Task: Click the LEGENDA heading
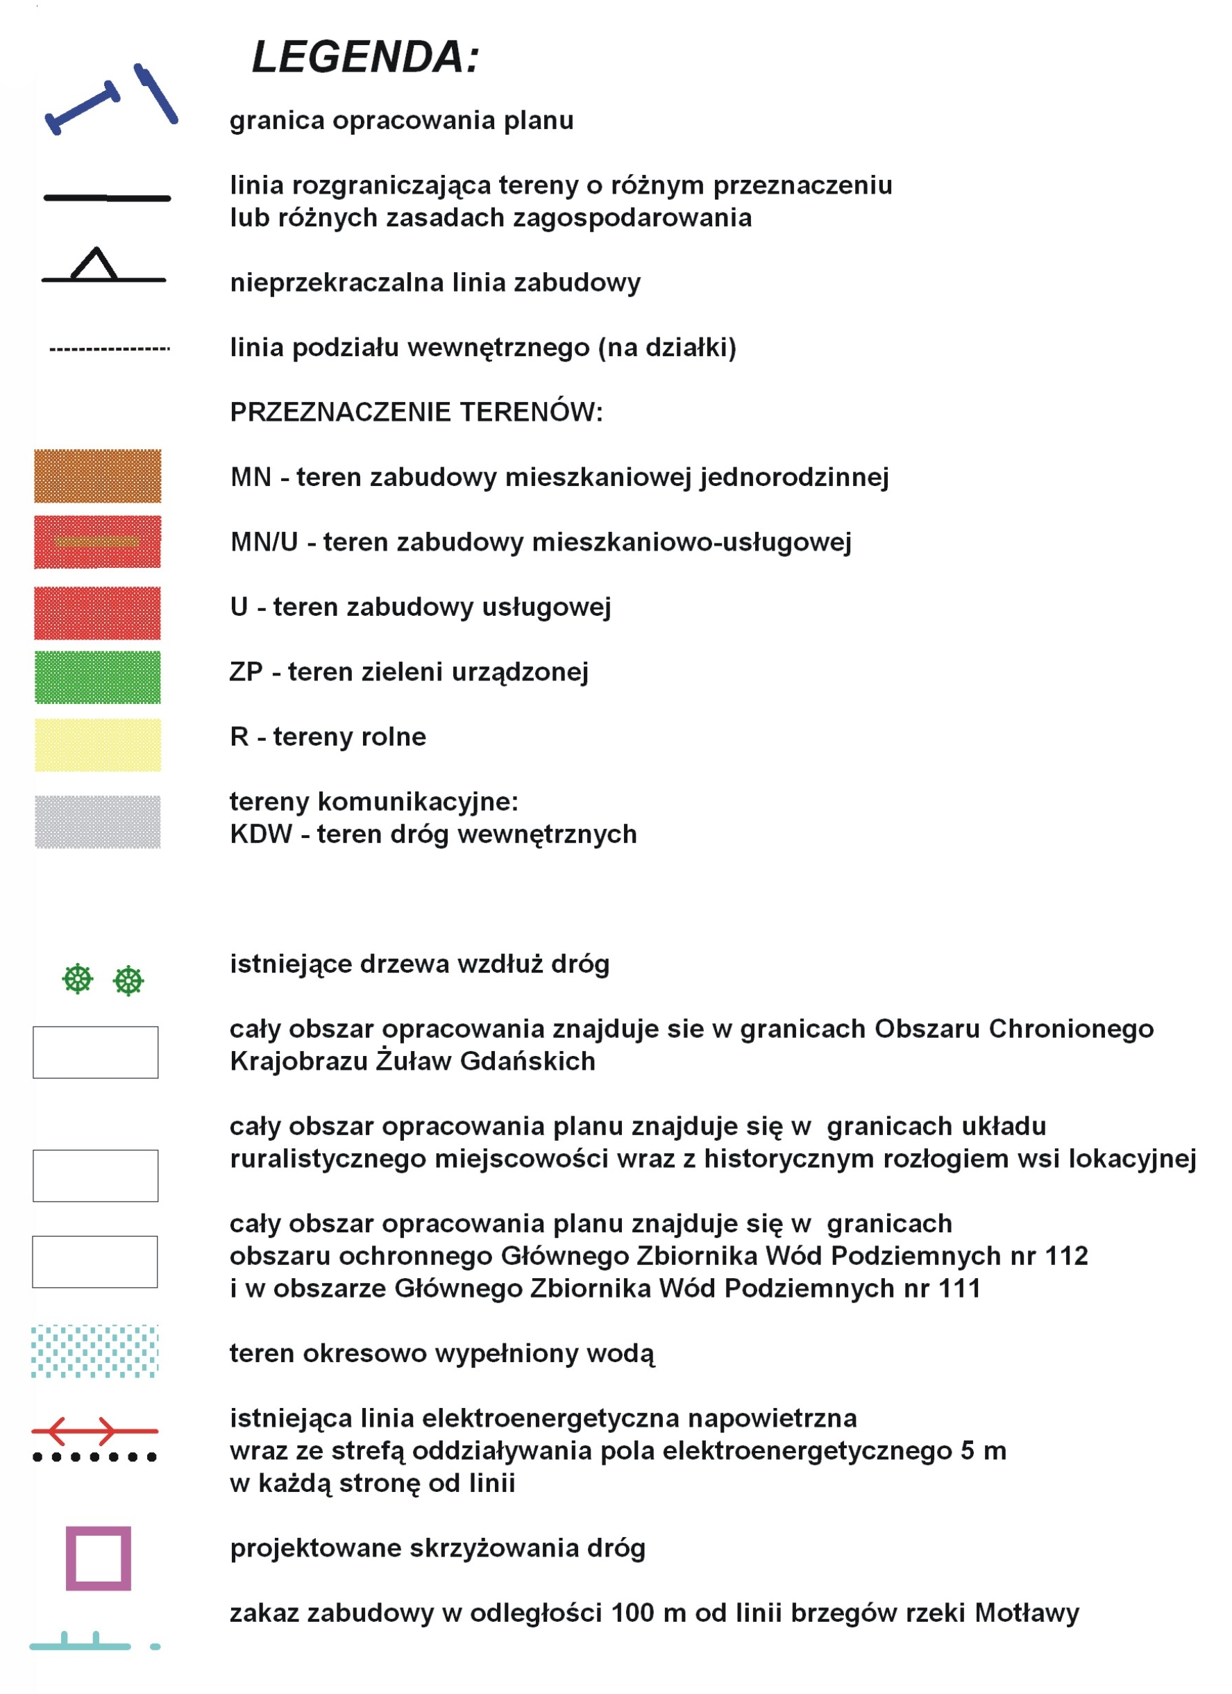tap(365, 58)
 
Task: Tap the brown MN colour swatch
tap(98, 476)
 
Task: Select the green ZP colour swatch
tap(98, 678)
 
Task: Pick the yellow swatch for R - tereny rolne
tap(98, 745)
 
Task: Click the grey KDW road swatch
tap(98, 821)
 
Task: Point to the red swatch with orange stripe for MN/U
tap(98, 542)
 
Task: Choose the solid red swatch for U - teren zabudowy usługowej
tap(98, 612)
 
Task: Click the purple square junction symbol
tap(99, 1558)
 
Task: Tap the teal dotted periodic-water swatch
tap(95, 1351)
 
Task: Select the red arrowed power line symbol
tap(95, 1431)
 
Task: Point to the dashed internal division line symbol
tap(110, 349)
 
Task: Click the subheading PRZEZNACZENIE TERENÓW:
tap(416, 412)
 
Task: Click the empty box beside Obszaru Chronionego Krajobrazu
tap(96, 1052)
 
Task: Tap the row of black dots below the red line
tap(95, 1457)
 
